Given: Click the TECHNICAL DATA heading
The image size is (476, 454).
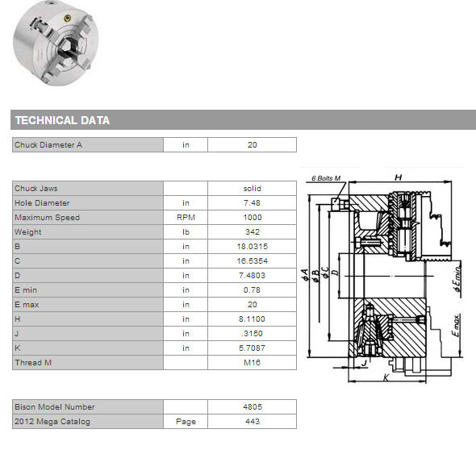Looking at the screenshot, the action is click(62, 120).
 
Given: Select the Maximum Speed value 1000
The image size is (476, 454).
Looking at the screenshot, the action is click(253, 217).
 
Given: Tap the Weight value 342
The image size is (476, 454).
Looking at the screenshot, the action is click(253, 232).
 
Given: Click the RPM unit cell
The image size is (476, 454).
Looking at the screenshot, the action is click(186, 217).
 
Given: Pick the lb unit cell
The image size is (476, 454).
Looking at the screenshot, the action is click(186, 232).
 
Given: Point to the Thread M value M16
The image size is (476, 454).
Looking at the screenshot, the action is click(253, 362).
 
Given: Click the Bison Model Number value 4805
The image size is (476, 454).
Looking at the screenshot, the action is click(253, 406).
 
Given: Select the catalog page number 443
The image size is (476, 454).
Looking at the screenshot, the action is click(253, 421).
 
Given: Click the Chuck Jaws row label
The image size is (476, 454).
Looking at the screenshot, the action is click(36, 189).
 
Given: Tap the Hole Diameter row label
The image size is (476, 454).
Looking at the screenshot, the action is click(42, 202).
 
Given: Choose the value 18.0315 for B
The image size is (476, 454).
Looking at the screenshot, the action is click(253, 247).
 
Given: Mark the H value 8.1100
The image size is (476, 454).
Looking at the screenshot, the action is click(252, 319).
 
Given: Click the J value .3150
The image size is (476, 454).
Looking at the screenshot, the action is click(253, 334).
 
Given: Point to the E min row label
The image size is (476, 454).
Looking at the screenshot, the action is click(26, 290).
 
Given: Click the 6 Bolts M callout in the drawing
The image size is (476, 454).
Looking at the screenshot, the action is click(326, 178).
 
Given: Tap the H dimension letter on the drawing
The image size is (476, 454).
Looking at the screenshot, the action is click(398, 177).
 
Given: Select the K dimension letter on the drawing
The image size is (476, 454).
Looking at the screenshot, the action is click(386, 377).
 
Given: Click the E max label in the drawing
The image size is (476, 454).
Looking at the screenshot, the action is click(456, 325).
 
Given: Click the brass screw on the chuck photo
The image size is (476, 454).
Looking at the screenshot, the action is click(68, 19).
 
